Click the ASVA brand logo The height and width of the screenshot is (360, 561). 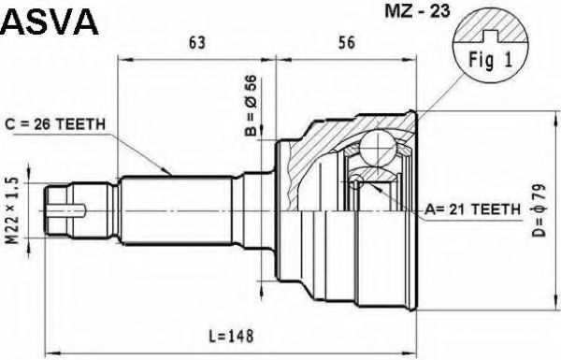point(50,22)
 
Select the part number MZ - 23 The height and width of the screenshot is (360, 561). point(417,11)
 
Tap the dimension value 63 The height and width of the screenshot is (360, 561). point(196,43)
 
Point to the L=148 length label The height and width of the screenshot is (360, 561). point(232,336)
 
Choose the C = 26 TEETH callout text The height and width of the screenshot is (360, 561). point(55,124)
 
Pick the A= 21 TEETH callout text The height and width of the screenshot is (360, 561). point(472,209)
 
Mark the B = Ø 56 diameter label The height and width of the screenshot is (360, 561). point(251,106)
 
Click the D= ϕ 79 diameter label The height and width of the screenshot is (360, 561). point(539,210)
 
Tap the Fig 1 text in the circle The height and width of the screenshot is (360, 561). point(491,60)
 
